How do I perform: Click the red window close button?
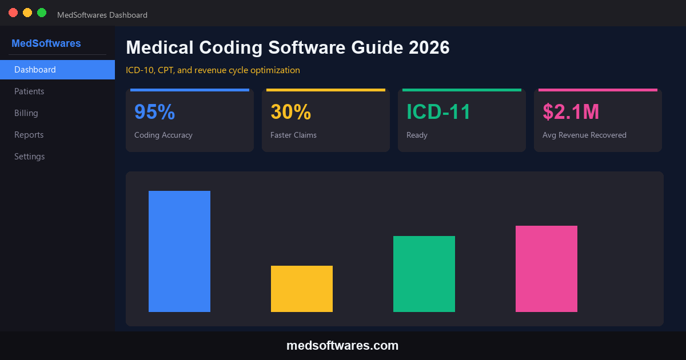point(13,13)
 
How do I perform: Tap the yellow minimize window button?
point(27,13)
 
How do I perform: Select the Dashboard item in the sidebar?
point(57,70)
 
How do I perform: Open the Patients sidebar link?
point(29,91)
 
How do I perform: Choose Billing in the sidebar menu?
point(26,113)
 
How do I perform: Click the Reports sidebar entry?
point(29,135)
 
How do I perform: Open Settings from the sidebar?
point(30,157)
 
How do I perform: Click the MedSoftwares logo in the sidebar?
point(46,43)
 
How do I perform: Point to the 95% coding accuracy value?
point(154,112)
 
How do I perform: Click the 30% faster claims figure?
point(290,112)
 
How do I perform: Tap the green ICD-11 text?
point(438,112)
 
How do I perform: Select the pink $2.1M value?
point(571,112)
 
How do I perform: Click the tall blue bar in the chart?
point(180,251)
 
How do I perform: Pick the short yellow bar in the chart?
point(302,289)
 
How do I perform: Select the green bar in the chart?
point(424,274)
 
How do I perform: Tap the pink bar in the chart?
point(547,269)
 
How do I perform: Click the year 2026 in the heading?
point(429,47)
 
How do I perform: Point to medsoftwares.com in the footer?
point(342,346)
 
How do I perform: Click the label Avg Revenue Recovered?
point(584,135)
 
